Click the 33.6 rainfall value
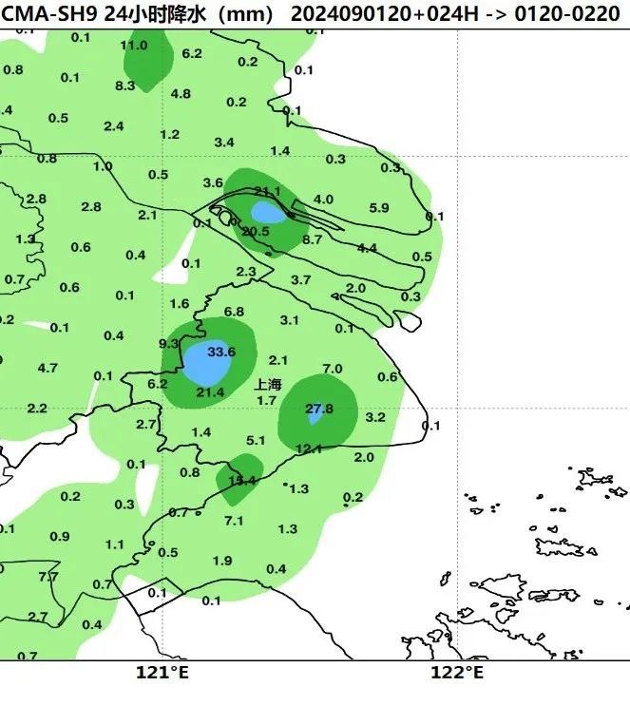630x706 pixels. [220, 352]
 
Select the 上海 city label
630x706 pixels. [269, 385]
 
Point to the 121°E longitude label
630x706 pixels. [162, 673]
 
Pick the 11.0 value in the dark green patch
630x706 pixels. [134, 46]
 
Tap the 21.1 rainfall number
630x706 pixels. [268, 192]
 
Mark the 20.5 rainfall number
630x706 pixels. [256, 231]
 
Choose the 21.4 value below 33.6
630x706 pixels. [210, 392]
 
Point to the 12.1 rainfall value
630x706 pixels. [309, 448]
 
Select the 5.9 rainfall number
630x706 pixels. [379, 208]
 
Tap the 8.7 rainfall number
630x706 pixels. [313, 239]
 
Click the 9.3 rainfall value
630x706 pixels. [169, 343]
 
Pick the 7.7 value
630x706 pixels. [48, 577]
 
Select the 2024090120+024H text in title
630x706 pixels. [362, 14]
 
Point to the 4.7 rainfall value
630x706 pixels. [48, 368]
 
